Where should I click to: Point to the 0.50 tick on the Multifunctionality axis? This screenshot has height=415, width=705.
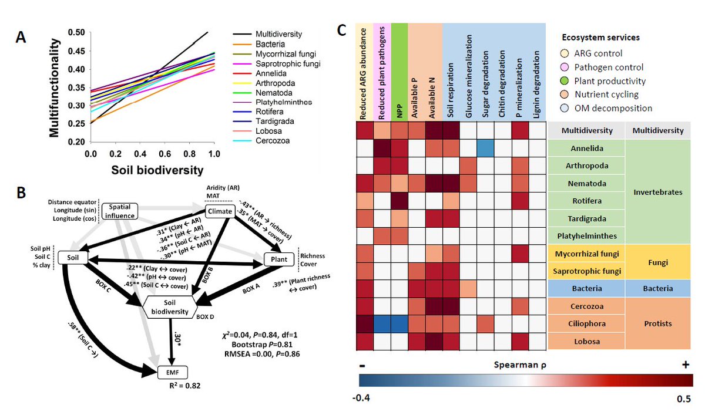[x=76, y=32]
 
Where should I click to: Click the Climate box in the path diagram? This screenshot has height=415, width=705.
[x=219, y=211]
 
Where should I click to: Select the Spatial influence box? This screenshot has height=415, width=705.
[x=119, y=211]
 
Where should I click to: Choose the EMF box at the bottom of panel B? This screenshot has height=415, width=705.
[x=172, y=372]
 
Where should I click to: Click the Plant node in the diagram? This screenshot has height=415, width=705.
[x=280, y=258]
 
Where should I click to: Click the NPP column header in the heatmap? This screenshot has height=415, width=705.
[x=398, y=72]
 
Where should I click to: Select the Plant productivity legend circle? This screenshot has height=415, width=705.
[x=563, y=82]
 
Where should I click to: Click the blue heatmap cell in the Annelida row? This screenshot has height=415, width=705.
[x=485, y=148]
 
